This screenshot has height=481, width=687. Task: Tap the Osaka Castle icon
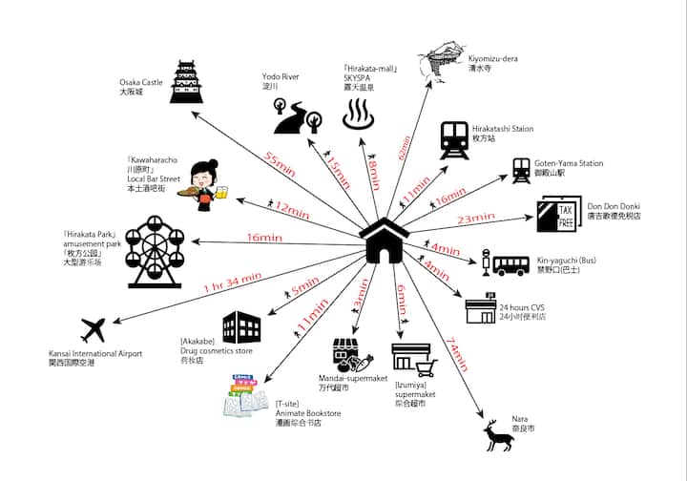187,83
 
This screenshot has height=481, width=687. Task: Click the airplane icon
94,331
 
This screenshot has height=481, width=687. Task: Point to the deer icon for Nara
498,437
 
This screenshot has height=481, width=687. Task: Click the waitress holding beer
204,181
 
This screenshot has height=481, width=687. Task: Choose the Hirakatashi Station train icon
453,140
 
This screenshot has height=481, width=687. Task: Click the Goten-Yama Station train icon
521,171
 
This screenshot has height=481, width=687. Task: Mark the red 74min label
456,354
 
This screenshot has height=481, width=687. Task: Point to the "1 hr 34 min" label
233,282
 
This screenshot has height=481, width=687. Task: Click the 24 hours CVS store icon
481,310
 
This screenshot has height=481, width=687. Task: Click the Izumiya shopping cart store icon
412,358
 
